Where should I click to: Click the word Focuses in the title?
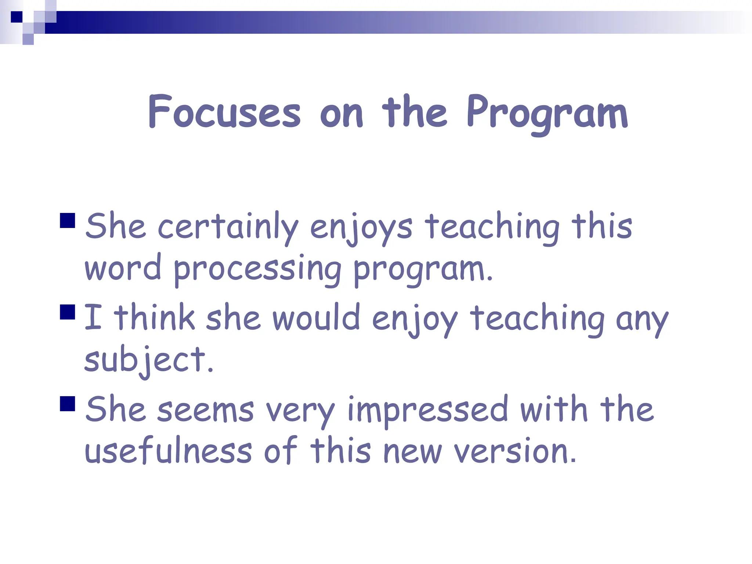pos(224,112)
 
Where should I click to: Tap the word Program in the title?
pos(547,114)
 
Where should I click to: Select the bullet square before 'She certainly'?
pos(68,221)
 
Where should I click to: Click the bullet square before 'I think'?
pos(68,312)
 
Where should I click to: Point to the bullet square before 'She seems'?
pos(68,404)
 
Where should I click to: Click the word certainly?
pos(228,227)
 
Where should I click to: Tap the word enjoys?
pos(361,228)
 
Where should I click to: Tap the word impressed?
pos(427,411)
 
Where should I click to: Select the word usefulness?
pos(168,451)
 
